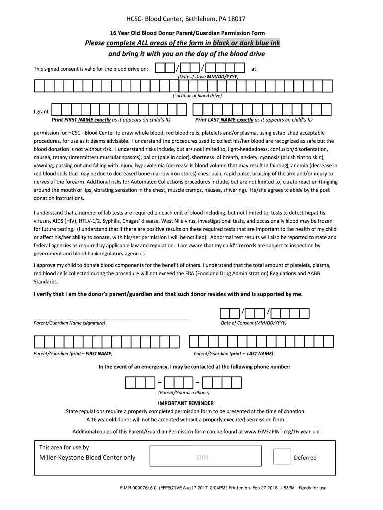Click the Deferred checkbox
click(282, 457)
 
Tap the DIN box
click(202, 457)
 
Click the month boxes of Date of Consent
click(229, 313)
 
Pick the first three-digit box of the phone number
click(140, 382)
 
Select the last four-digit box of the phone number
click(222, 382)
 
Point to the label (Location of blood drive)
click(197, 96)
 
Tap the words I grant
click(41, 112)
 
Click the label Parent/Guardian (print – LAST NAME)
click(233, 354)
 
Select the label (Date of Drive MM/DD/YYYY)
click(208, 77)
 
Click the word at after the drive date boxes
click(254, 69)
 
